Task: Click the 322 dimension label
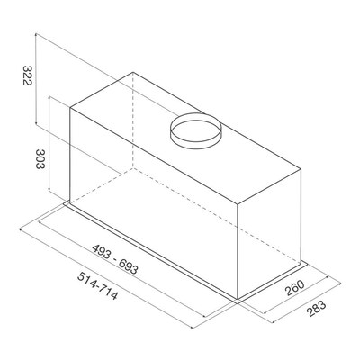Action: pos(27,76)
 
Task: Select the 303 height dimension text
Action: pos(40,159)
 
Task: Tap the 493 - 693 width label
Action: pos(115,259)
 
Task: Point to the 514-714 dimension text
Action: pos(97,286)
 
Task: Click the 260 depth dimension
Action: pos(294,288)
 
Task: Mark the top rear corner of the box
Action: pos(133,72)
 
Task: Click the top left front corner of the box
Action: pos(70,108)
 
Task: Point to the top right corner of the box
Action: pos(301,169)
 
